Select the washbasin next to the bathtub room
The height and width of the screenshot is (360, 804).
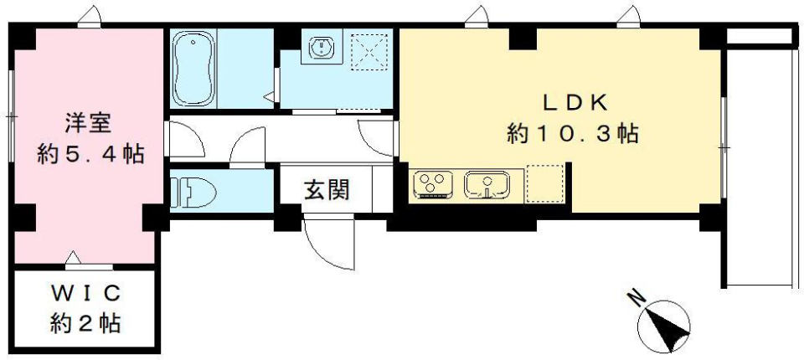pos(319,49)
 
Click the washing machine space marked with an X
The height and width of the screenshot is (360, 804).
pos(368,49)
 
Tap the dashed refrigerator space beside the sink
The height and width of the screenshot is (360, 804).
pos(545,183)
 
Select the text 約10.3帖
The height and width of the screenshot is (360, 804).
pos(574,133)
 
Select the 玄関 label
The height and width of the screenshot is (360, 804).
pos(325,190)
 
